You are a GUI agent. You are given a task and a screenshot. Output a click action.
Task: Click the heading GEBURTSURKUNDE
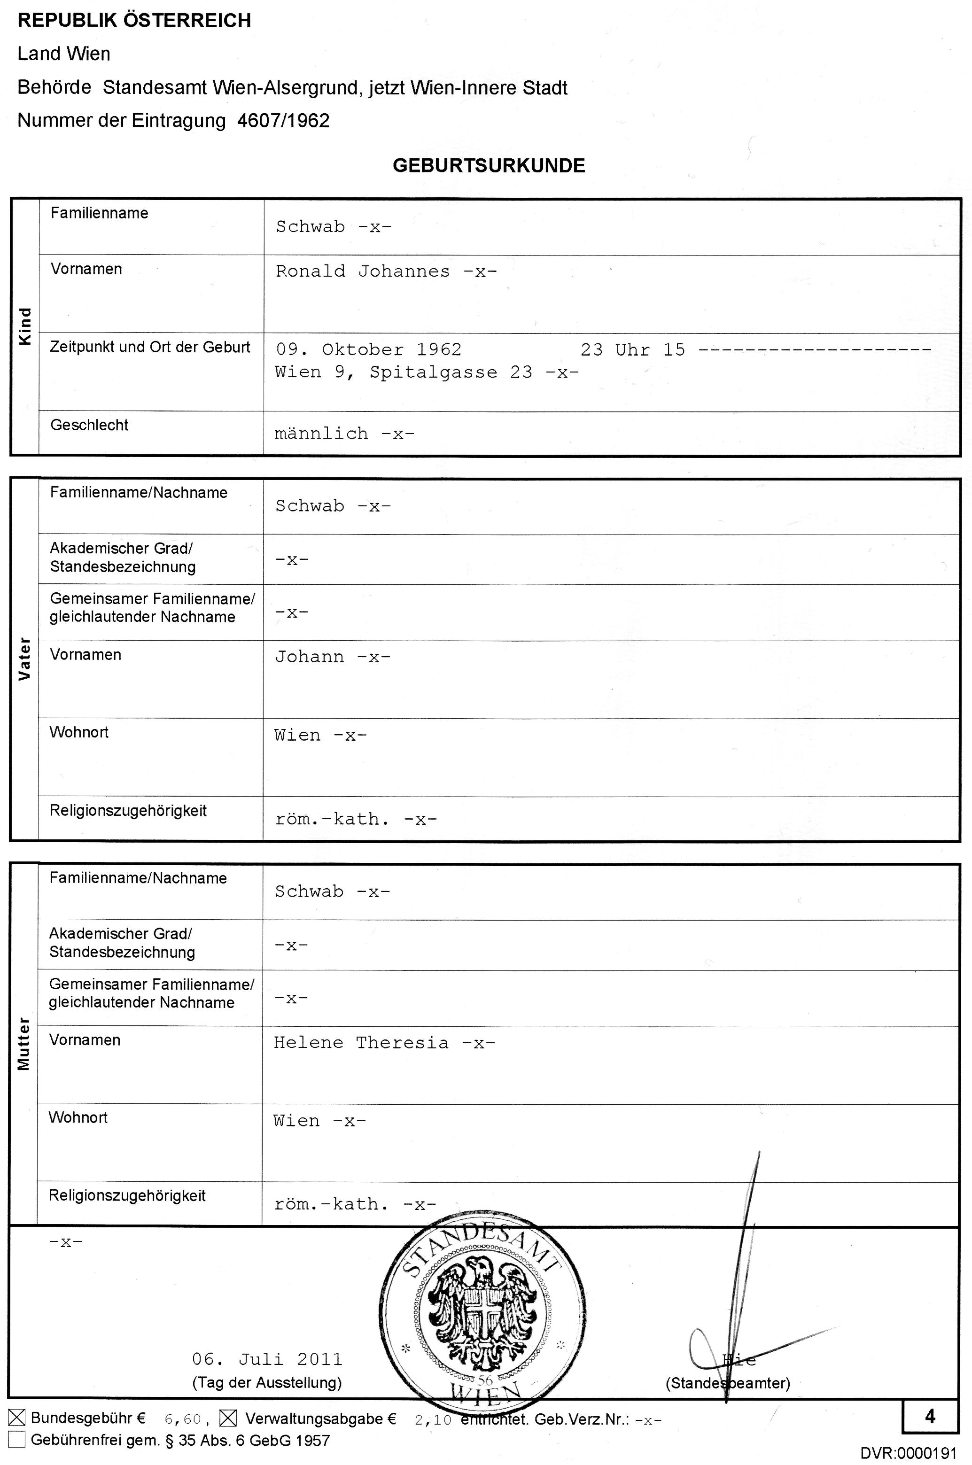point(489,165)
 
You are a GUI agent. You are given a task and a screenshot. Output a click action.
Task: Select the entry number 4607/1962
point(283,120)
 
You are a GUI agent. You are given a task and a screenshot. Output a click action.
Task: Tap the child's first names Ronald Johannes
point(363,271)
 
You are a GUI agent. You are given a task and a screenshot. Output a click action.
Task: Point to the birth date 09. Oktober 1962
point(369,349)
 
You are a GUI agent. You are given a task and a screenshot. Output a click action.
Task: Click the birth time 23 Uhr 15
point(632,350)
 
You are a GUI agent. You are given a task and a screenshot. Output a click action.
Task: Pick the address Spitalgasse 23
point(451,372)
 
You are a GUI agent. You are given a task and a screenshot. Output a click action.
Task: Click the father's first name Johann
point(309,657)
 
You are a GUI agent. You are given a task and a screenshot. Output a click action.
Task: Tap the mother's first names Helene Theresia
point(361,1042)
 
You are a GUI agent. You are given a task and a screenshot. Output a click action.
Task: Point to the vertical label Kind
point(25,326)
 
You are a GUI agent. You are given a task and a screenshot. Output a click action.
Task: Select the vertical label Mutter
point(23,1044)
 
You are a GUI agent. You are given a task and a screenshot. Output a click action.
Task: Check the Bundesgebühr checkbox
point(17,1418)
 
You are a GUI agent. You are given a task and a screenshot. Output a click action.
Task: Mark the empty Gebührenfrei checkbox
point(17,1439)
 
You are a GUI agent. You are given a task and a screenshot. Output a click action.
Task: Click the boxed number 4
point(930,1417)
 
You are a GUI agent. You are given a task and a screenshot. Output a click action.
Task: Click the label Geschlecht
point(89,425)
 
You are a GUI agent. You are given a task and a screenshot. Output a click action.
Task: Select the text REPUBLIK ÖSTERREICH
point(134,21)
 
